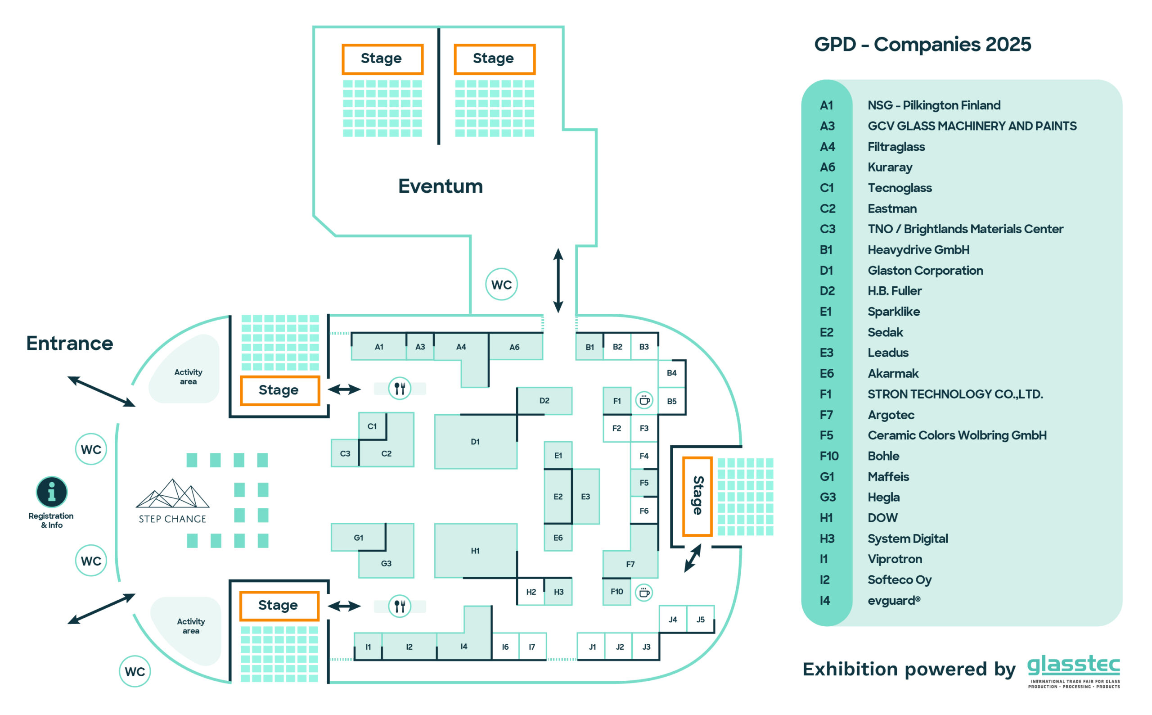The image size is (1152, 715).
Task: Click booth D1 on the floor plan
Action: click(x=475, y=442)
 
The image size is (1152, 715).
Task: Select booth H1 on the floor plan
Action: click(x=475, y=551)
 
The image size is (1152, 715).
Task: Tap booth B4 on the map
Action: click(x=671, y=373)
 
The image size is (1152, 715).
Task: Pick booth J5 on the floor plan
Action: click(x=700, y=620)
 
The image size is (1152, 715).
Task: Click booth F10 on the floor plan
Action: click(x=616, y=592)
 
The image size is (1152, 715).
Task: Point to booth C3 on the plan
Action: click(x=345, y=453)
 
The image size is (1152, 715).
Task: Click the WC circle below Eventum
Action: click(x=501, y=284)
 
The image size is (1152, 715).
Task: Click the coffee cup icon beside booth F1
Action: click(x=644, y=401)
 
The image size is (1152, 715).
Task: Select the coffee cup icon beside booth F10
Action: click(x=643, y=593)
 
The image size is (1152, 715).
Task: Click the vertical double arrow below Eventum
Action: click(x=558, y=281)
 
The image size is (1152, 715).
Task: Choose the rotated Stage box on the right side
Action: click(x=697, y=496)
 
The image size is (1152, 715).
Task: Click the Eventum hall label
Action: click(x=441, y=186)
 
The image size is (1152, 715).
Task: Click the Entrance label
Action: click(x=69, y=343)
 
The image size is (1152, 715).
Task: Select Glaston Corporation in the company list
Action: click(x=925, y=271)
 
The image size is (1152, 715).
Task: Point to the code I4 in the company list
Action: click(x=824, y=601)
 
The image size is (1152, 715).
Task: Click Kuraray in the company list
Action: click(x=890, y=167)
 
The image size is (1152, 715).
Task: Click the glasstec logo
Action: click(x=1074, y=671)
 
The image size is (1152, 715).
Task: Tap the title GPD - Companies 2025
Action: click(x=922, y=45)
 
